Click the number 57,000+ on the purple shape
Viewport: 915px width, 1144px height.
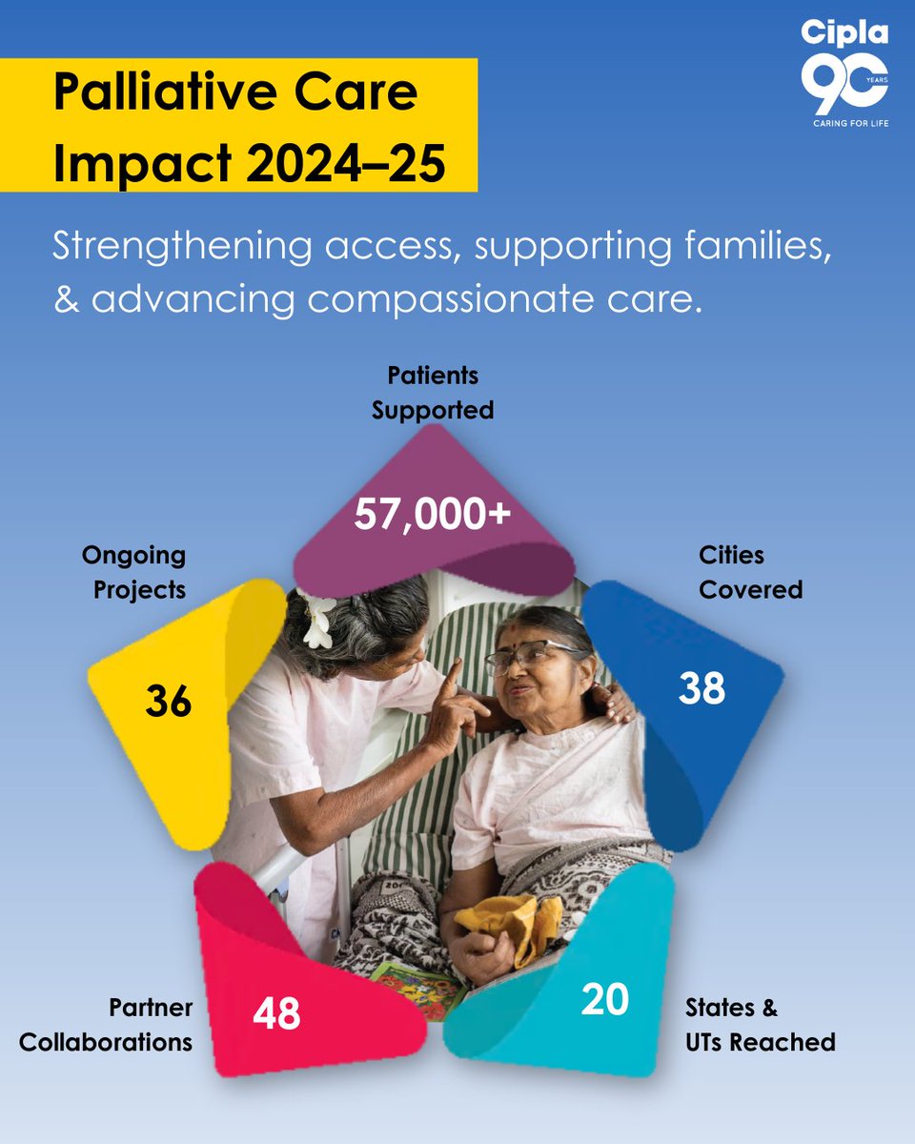(x=433, y=516)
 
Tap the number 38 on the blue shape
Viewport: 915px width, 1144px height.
(x=701, y=688)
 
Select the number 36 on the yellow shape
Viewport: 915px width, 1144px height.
(x=169, y=703)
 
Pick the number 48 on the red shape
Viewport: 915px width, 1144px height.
(x=276, y=1013)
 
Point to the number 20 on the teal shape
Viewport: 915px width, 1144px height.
(x=604, y=1000)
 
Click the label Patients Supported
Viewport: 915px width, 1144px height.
(x=433, y=393)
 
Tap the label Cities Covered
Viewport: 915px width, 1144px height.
(x=750, y=572)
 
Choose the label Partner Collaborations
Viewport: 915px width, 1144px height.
(x=106, y=1025)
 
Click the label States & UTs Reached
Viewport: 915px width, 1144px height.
(x=760, y=1025)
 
